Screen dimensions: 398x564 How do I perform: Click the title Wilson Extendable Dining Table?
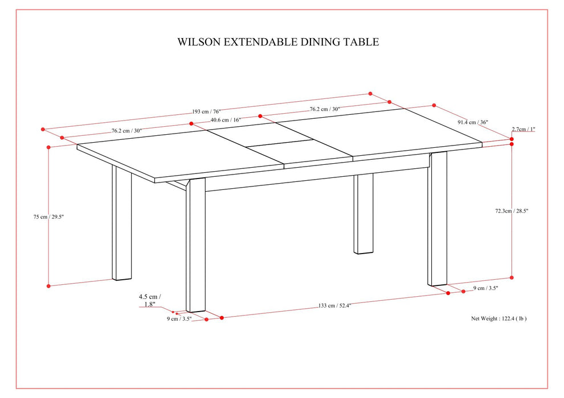click(x=278, y=42)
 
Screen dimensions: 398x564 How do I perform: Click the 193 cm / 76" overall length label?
click(x=208, y=111)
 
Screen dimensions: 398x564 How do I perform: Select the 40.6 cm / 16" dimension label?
click(x=226, y=120)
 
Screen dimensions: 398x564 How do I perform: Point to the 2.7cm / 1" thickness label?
click(x=524, y=130)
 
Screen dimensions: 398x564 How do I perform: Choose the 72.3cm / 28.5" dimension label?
click(x=512, y=211)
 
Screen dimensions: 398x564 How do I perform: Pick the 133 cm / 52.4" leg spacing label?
click(x=334, y=306)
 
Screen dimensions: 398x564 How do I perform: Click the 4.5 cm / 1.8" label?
click(x=150, y=301)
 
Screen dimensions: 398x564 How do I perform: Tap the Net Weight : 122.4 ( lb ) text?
click(x=498, y=319)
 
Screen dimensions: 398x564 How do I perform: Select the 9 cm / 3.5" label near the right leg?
click(x=486, y=289)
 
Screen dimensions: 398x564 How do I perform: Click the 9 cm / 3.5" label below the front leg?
click(x=179, y=320)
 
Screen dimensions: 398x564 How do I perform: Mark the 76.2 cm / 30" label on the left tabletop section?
click(x=126, y=131)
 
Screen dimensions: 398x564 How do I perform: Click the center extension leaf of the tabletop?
click(x=285, y=143)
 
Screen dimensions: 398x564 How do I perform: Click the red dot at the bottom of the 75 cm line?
click(x=49, y=285)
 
